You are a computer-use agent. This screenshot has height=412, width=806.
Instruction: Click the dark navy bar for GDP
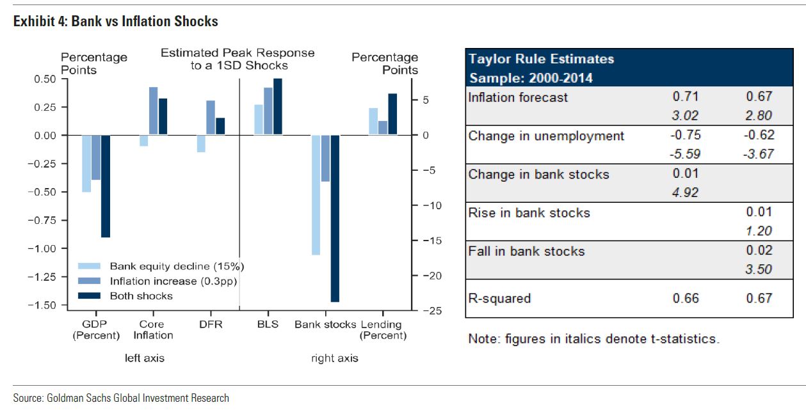pos(106,186)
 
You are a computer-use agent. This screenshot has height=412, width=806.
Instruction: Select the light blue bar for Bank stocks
pos(316,194)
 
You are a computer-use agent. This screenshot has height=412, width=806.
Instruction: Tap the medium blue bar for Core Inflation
pos(154,111)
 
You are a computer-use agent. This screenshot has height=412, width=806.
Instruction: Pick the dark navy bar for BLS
pos(278,106)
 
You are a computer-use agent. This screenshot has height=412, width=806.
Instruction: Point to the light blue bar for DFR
pos(201,143)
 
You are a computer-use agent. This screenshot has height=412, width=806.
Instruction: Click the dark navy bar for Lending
pos(392,114)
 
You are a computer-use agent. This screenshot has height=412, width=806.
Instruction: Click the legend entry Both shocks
pos(141,296)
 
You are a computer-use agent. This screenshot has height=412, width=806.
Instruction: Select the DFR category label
pos(211,324)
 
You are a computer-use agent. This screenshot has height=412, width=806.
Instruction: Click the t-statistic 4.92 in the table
pos(686,192)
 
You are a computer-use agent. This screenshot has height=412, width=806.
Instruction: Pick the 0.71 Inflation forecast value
pos(686,97)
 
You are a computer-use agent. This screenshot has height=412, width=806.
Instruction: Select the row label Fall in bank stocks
pos(526,251)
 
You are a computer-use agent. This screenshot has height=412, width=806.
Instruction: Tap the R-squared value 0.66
pos(686,298)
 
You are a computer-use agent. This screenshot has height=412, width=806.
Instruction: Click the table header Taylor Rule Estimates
pos(541,59)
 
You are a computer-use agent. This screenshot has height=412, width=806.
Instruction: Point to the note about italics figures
pos(593,339)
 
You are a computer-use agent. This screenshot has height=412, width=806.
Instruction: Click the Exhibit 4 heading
pos(116,22)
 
